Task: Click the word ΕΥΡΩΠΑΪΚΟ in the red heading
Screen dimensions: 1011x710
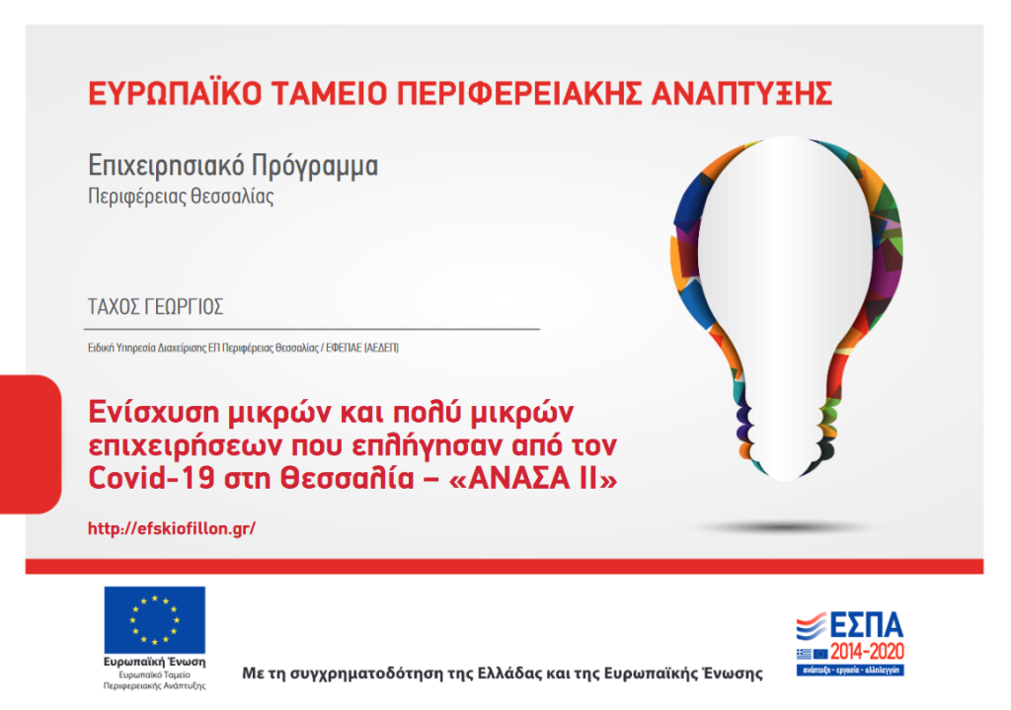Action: [x=175, y=93]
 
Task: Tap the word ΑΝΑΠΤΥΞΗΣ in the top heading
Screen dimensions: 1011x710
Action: [x=741, y=93]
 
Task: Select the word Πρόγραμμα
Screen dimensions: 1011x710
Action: [x=315, y=166]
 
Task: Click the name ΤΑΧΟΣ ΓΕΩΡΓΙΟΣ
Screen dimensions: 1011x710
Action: [x=155, y=306]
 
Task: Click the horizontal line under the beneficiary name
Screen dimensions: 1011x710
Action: [x=312, y=329]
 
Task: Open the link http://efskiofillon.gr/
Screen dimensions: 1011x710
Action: [x=172, y=528]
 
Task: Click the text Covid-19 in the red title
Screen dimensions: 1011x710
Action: [x=151, y=479]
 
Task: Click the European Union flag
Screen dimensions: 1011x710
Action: [x=155, y=620]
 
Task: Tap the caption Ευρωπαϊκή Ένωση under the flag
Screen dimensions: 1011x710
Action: [x=155, y=663]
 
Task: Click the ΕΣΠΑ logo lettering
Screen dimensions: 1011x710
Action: [x=866, y=625]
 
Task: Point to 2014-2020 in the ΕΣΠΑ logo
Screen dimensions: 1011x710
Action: [x=867, y=652]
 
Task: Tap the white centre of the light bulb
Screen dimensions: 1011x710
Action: [x=786, y=271]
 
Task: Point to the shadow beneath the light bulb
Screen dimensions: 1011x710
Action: [x=785, y=527]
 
